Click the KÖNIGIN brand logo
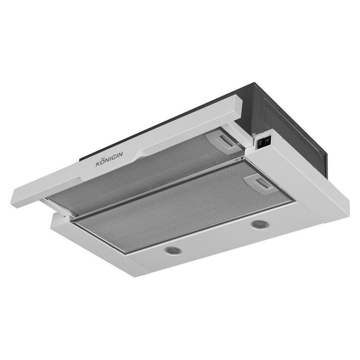[x=109, y=158]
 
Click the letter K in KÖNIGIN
[x=98, y=164]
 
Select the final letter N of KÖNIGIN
[x=120, y=154]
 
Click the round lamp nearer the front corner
[x=173, y=250]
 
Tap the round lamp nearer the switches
[x=260, y=224]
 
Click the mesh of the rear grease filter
[x=147, y=174]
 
